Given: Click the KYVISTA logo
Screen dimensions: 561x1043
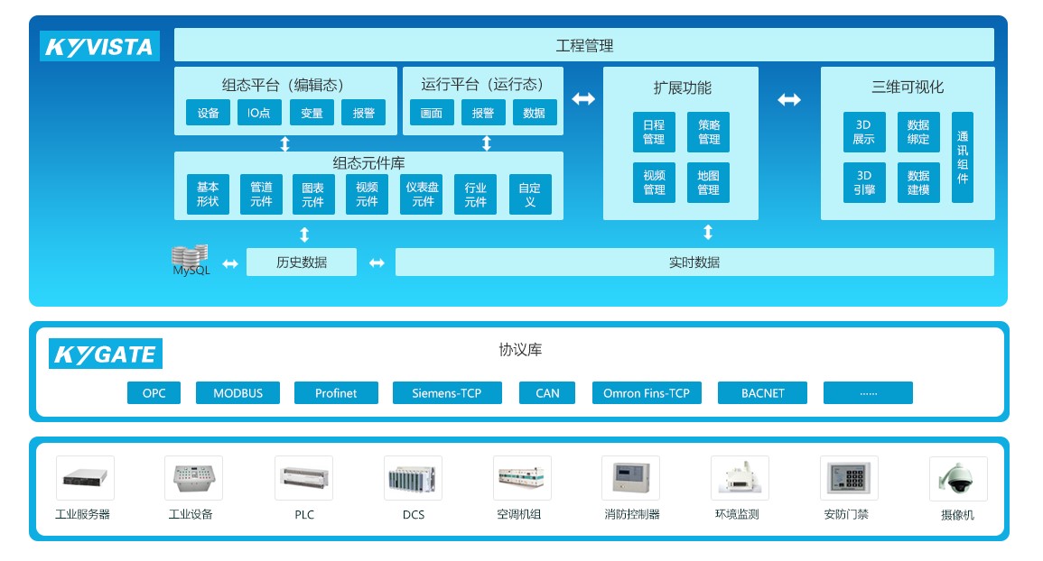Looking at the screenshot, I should [x=99, y=46].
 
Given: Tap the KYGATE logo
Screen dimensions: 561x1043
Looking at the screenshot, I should [x=105, y=354].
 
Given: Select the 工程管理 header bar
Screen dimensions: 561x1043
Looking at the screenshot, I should [x=583, y=45].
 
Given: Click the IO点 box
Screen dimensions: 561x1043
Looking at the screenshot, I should [x=260, y=113].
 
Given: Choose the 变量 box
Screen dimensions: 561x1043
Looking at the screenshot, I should [x=312, y=113].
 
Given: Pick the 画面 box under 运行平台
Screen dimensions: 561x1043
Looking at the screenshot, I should [x=432, y=113].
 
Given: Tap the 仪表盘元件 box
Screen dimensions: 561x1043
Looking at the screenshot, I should [x=422, y=195].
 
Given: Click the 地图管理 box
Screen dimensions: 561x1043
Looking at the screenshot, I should [x=708, y=183].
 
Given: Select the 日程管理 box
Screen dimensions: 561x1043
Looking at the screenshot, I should [x=654, y=133].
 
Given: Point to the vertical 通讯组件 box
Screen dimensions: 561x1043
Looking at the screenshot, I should [x=963, y=157].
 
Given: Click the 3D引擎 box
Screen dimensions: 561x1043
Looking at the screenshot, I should [x=864, y=183].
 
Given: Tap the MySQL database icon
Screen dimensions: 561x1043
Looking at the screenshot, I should [x=190, y=259].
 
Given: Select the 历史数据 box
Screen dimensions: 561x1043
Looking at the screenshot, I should [x=302, y=262].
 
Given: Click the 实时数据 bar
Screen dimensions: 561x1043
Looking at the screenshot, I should [x=694, y=262].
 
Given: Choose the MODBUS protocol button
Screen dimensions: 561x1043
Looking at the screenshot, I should [x=237, y=393].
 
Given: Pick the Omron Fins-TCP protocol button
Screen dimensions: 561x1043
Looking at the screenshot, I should [x=647, y=393].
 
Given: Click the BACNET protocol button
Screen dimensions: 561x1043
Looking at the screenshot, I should [x=762, y=393].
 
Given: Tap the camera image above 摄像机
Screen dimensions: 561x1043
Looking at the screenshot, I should [x=957, y=478].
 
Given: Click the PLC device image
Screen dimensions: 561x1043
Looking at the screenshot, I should [x=303, y=478].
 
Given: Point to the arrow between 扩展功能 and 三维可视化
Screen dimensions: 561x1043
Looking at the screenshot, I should [x=789, y=100].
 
